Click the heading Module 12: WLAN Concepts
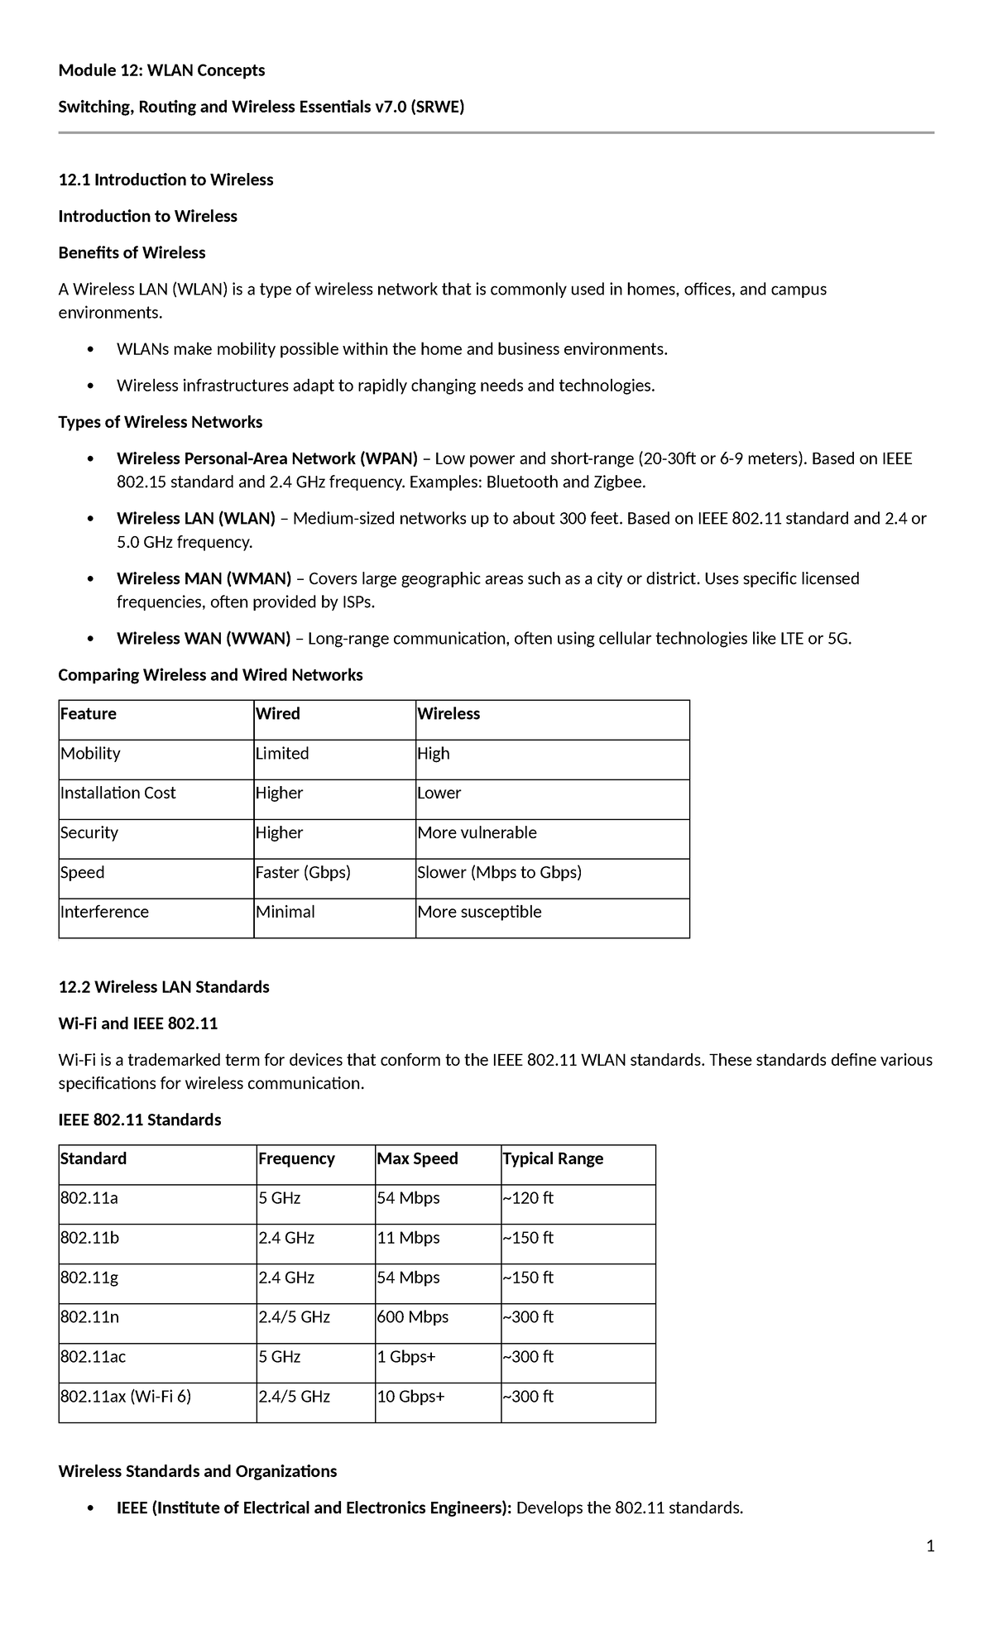point(161,70)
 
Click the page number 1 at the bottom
point(930,1546)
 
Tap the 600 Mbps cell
point(413,1317)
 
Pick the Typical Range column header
point(553,1158)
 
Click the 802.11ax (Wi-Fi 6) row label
point(126,1397)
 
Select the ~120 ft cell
point(528,1198)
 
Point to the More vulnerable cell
point(477,832)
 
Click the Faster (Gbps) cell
point(303,872)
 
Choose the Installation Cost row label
point(118,793)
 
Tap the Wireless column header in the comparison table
point(449,713)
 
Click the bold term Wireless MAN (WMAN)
point(204,578)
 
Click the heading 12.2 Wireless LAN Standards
point(164,987)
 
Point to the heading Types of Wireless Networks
point(161,422)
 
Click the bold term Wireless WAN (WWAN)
point(204,639)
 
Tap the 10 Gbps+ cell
point(411,1397)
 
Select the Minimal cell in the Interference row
point(285,912)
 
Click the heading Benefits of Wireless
point(132,252)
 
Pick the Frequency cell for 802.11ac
point(280,1357)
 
